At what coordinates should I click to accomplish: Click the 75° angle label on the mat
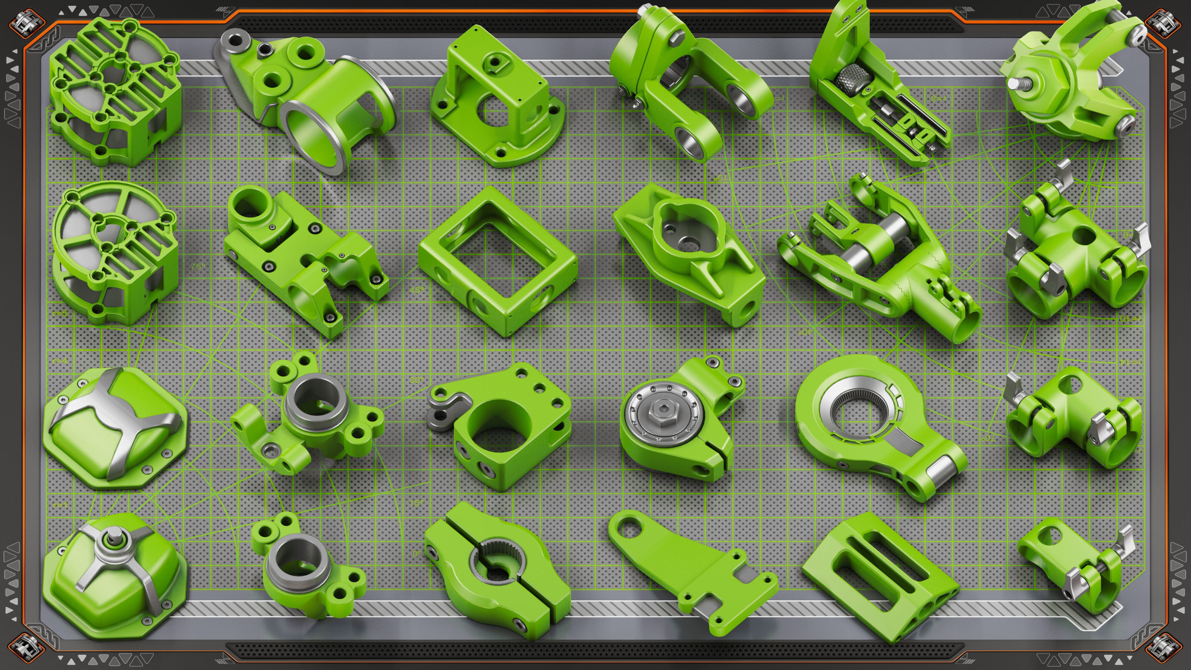click(197, 267)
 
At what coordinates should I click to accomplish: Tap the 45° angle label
click(416, 290)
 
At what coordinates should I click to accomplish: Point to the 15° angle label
click(416, 503)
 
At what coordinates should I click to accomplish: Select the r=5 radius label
click(60, 313)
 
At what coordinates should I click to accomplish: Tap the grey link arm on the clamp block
click(446, 409)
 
